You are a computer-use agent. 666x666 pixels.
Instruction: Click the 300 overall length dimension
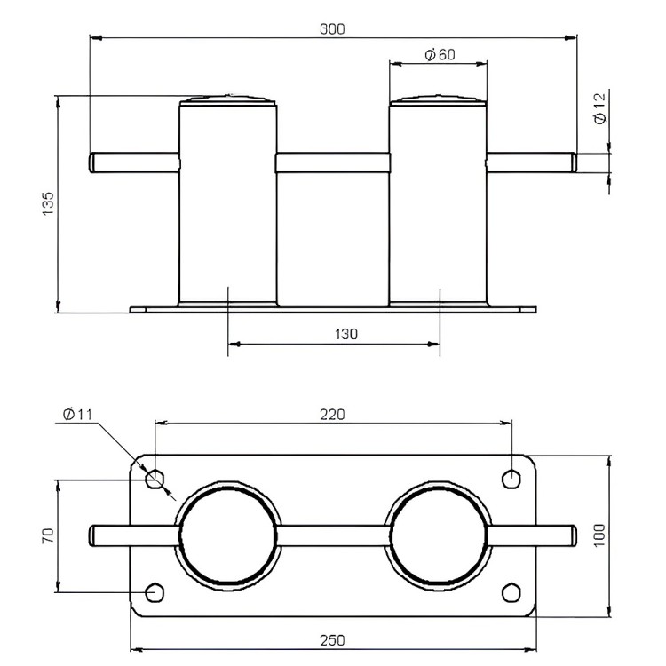click(332, 29)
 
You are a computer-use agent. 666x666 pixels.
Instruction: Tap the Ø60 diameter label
click(440, 55)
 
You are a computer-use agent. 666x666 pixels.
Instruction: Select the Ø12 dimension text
click(599, 108)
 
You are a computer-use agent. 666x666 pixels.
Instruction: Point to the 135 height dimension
click(49, 203)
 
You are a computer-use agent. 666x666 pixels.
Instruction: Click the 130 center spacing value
click(346, 334)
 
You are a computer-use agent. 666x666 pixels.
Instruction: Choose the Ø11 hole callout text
click(77, 414)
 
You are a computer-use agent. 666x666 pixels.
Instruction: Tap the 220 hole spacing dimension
click(332, 415)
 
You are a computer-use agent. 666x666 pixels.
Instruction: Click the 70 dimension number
click(48, 535)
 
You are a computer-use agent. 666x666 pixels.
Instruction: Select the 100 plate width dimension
click(599, 535)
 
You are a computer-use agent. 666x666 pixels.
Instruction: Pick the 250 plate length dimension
click(332, 640)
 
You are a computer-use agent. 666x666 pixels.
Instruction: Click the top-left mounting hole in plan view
click(155, 480)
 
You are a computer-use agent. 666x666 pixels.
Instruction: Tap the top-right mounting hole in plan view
click(511, 480)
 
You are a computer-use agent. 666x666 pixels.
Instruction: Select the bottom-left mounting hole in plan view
click(155, 593)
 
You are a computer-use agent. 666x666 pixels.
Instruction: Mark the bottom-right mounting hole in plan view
click(511, 593)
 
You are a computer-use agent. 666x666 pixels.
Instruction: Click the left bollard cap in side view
click(228, 100)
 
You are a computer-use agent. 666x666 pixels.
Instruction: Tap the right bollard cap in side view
click(438, 100)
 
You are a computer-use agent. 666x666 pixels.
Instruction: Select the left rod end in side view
click(92, 163)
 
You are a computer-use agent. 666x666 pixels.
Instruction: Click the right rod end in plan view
click(574, 536)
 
